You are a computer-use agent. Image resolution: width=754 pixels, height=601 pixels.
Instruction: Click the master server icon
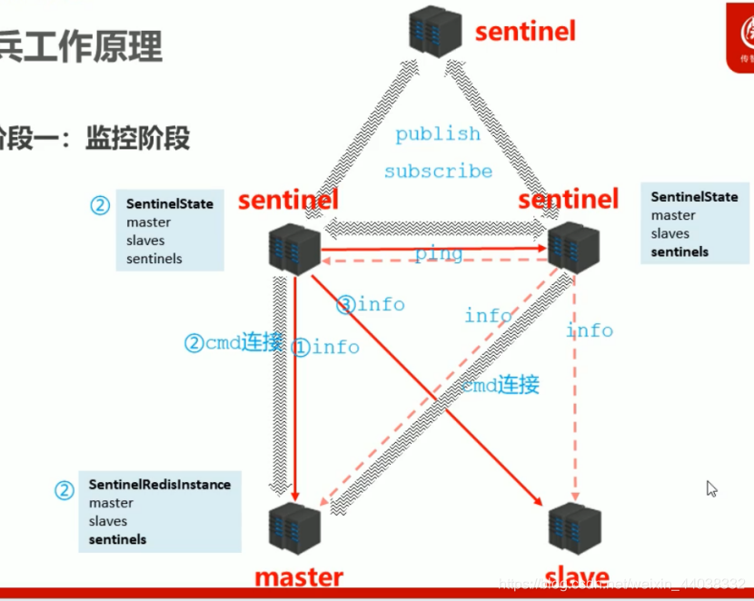(x=295, y=527)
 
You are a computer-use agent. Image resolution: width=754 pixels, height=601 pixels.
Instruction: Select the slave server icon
(x=574, y=527)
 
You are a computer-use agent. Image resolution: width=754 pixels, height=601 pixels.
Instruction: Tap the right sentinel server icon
(x=574, y=247)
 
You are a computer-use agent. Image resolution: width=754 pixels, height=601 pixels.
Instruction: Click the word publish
(x=438, y=134)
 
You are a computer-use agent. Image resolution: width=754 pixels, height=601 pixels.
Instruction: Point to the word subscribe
(x=438, y=171)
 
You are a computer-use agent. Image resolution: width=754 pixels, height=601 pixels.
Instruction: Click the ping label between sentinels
(x=439, y=254)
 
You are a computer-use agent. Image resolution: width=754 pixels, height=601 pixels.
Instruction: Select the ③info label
(x=370, y=304)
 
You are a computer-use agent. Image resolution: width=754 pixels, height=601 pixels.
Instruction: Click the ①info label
(x=325, y=347)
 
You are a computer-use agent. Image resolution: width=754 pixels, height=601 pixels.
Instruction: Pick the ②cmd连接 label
(x=233, y=342)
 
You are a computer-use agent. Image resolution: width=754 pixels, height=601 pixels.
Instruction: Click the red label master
(x=298, y=577)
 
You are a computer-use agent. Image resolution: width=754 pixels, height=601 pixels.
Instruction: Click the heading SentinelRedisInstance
(x=159, y=485)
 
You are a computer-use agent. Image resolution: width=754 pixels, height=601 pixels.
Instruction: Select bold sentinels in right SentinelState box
(x=680, y=251)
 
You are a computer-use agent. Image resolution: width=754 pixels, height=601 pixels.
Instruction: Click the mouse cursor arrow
(x=711, y=488)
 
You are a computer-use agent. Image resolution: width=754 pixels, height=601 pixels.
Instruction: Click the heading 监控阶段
(x=137, y=138)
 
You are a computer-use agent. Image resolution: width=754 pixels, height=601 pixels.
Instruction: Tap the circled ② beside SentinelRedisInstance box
(x=64, y=491)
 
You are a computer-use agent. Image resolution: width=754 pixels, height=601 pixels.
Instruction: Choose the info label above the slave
(x=590, y=330)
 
